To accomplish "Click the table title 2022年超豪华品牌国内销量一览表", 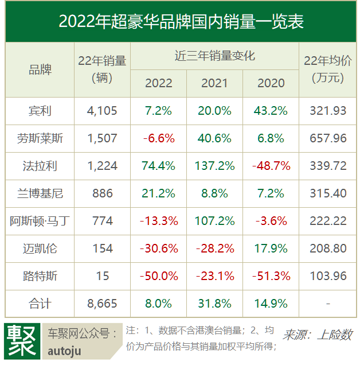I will (180, 21).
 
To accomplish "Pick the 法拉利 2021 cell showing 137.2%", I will (215, 166).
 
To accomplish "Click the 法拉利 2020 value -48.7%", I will (271, 166).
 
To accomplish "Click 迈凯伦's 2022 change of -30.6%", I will (158, 248).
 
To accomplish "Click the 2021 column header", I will (215, 83).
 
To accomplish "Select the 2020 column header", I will (271, 83).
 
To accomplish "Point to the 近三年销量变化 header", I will (214, 56).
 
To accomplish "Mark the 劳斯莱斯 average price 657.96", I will (328, 138).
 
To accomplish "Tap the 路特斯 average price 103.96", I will (328, 276).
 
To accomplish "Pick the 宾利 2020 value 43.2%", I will (271, 111).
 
